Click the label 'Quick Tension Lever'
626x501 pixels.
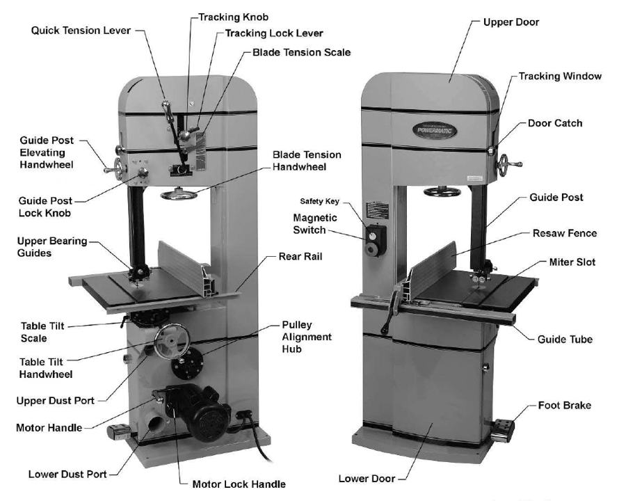[80, 31]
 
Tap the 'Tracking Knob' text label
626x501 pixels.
[233, 17]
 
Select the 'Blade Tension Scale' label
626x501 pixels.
[301, 52]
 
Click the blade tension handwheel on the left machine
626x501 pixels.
[178, 194]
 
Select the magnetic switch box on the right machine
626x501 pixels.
[374, 240]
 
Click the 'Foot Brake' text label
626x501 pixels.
[564, 405]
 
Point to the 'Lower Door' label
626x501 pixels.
[367, 479]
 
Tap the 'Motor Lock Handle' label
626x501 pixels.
[239, 484]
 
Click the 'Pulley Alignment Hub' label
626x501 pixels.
[307, 337]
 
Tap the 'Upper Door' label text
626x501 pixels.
[511, 22]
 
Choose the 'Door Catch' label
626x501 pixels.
[554, 123]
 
